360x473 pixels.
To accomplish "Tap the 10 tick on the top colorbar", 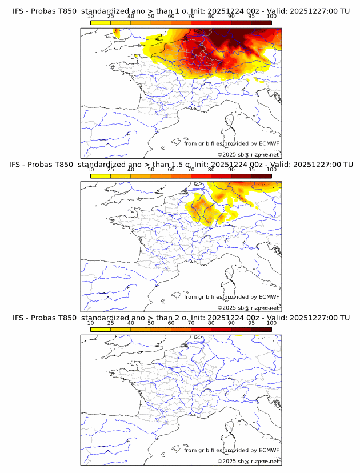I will coord(91,16).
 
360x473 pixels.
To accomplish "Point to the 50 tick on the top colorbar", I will coord(151,16).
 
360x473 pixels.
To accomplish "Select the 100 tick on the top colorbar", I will coord(271,16).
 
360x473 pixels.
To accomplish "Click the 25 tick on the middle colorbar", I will coord(111,170).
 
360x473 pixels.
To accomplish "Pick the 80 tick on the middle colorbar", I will coord(211,170).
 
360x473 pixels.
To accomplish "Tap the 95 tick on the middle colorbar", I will coord(251,170).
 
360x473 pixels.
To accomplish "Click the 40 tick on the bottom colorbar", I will coord(131,323).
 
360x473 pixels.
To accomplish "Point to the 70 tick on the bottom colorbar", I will coord(191,323).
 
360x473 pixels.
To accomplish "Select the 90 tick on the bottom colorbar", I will coord(231,323).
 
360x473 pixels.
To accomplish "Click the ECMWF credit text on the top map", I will coord(231,143).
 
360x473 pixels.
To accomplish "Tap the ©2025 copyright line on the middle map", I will coord(248,308).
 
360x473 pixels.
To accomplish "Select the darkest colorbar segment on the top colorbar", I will coord(261,23).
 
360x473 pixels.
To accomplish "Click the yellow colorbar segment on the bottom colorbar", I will coord(101,330).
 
